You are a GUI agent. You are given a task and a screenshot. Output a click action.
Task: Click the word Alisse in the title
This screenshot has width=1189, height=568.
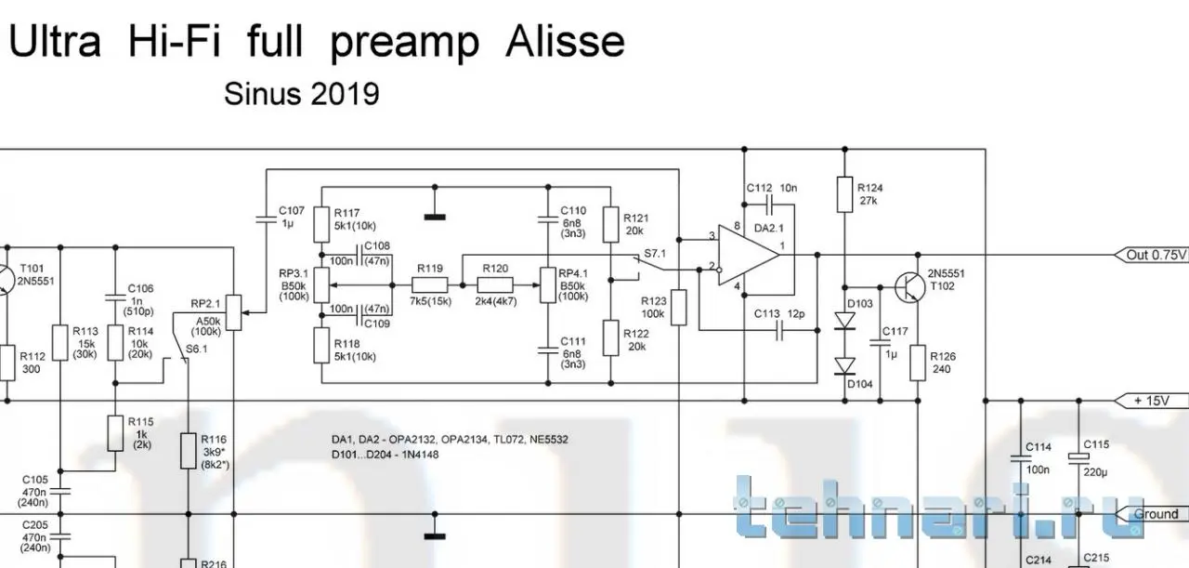565,42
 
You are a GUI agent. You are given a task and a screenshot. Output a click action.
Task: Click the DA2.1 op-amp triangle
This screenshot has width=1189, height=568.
749,255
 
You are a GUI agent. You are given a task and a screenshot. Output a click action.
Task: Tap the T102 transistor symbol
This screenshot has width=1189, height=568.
908,287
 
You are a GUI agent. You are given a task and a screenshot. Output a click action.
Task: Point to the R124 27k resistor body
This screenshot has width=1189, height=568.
845,194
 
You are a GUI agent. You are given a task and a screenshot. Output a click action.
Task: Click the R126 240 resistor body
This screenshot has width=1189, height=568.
918,363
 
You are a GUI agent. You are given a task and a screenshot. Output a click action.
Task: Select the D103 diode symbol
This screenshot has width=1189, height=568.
845,321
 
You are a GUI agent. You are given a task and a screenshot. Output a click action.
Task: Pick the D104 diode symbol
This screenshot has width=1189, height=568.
845,366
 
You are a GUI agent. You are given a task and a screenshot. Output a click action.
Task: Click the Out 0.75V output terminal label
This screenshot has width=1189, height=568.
1150,255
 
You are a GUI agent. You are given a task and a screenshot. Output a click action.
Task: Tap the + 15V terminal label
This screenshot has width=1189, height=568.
1151,401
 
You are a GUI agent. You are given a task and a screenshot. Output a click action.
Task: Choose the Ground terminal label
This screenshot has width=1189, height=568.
1152,514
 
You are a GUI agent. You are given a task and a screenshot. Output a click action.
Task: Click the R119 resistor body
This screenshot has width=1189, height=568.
429,285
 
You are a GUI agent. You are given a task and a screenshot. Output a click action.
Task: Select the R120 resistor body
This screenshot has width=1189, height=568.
495,285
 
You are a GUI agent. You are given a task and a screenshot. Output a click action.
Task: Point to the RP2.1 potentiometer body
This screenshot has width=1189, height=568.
234,313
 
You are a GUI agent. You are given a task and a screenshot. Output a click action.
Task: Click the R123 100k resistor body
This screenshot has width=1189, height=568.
679,308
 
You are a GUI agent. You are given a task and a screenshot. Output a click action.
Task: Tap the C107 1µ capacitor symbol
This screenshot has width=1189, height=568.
266,218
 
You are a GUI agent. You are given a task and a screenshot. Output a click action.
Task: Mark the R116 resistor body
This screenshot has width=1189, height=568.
189,451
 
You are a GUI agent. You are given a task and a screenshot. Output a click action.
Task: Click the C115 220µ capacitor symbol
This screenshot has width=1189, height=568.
1078,458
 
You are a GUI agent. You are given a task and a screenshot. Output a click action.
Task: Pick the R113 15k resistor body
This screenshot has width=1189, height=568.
60,343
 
